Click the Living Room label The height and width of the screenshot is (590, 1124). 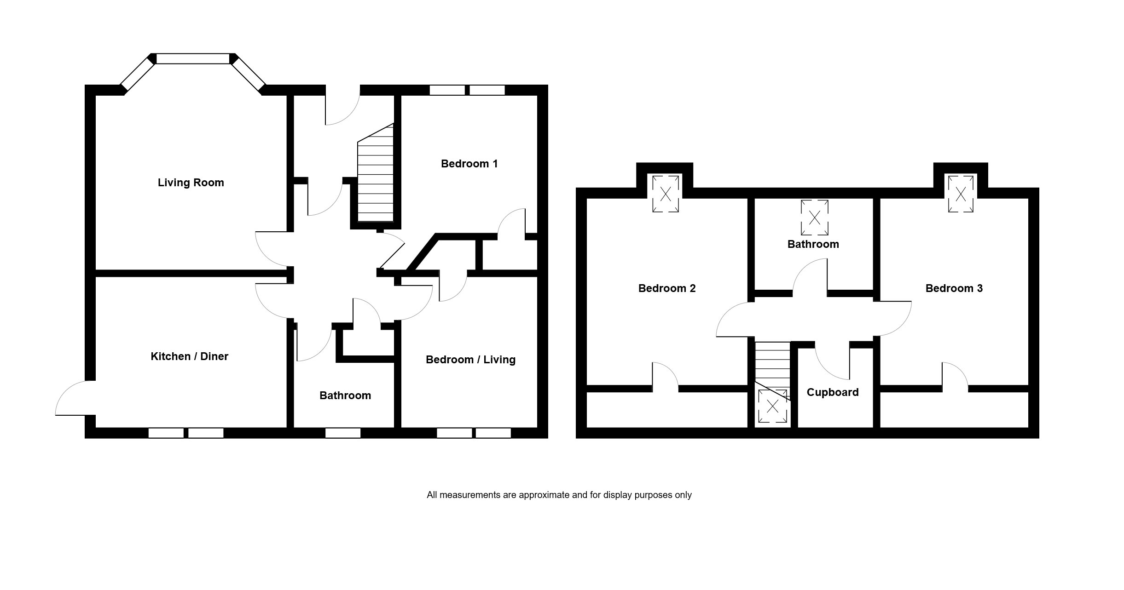191,183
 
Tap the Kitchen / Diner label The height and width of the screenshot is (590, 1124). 189,356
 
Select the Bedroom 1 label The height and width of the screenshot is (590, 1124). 469,164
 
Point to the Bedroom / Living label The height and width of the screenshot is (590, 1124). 470,360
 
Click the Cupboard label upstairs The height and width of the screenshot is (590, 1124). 832,392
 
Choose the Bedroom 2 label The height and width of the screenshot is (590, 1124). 666,288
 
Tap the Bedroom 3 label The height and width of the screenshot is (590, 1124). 954,288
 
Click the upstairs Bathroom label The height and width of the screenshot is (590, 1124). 813,244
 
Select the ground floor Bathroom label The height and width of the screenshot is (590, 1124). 345,395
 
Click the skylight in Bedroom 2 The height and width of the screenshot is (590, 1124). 666,194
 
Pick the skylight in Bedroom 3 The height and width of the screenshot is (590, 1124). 960,194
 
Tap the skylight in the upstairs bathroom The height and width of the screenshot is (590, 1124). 814,218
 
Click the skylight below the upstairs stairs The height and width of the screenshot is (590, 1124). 772,406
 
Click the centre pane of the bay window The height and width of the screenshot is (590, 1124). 192,59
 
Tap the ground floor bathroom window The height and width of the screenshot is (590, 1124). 342,433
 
